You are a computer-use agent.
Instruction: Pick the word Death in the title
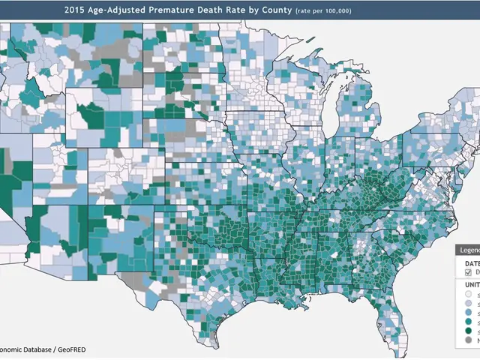(x=217, y=10)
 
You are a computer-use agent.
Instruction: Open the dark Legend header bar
(x=468, y=250)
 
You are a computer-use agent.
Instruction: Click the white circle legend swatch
(x=468, y=295)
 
